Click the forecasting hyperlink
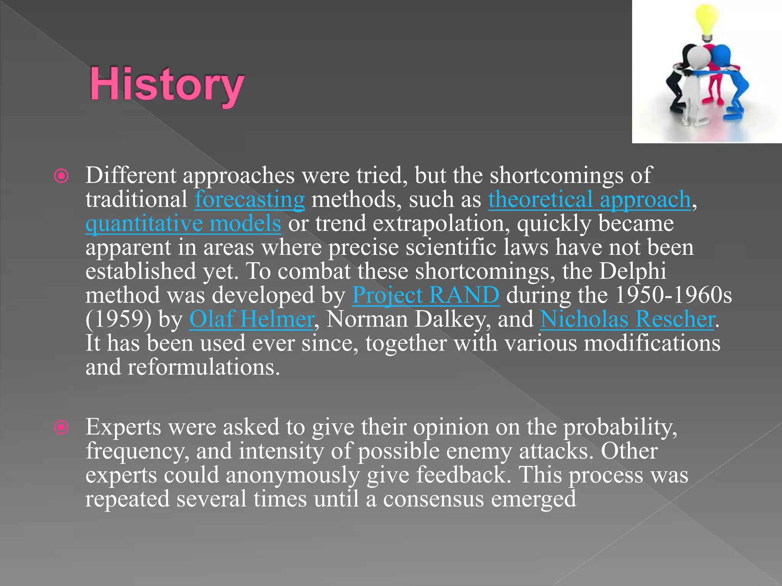click(x=249, y=200)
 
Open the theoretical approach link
click(x=590, y=200)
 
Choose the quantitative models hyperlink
click(x=183, y=224)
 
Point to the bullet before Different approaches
click(x=61, y=176)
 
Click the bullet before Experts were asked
click(x=61, y=428)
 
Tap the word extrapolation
click(x=441, y=224)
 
